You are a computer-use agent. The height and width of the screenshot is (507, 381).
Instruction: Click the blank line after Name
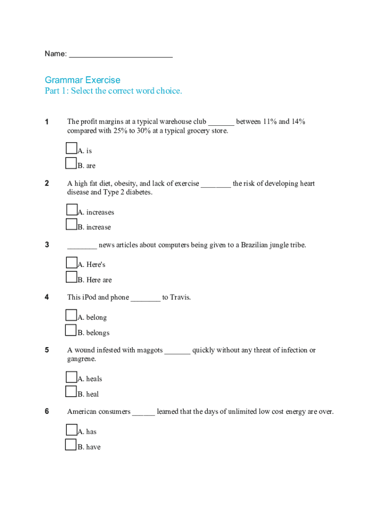121,54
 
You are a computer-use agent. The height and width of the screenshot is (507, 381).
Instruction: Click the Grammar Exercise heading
82,80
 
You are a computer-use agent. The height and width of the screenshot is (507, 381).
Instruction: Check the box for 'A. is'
71,148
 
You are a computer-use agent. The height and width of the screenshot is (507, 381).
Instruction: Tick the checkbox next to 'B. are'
71,163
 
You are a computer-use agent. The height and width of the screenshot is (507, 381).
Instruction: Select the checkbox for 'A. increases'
71,210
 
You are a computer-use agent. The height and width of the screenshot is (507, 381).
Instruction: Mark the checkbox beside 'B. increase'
71,225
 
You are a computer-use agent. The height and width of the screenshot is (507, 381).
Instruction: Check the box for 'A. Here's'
71,262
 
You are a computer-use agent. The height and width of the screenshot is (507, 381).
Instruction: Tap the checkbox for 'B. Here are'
71,277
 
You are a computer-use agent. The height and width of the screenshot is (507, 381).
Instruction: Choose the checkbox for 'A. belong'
71,315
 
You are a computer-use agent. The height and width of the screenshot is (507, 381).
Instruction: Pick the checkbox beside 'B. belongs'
71,330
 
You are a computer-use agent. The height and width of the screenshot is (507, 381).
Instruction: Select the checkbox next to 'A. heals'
71,377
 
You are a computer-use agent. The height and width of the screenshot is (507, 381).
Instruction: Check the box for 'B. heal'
71,392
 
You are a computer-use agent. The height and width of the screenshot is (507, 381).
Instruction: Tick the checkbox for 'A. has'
71,429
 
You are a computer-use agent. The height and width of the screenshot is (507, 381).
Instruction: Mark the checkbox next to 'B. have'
71,445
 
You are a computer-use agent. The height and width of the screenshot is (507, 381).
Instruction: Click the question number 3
47,245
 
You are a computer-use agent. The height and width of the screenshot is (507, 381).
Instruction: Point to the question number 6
47,411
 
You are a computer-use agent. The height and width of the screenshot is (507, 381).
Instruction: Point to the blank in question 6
143,412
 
